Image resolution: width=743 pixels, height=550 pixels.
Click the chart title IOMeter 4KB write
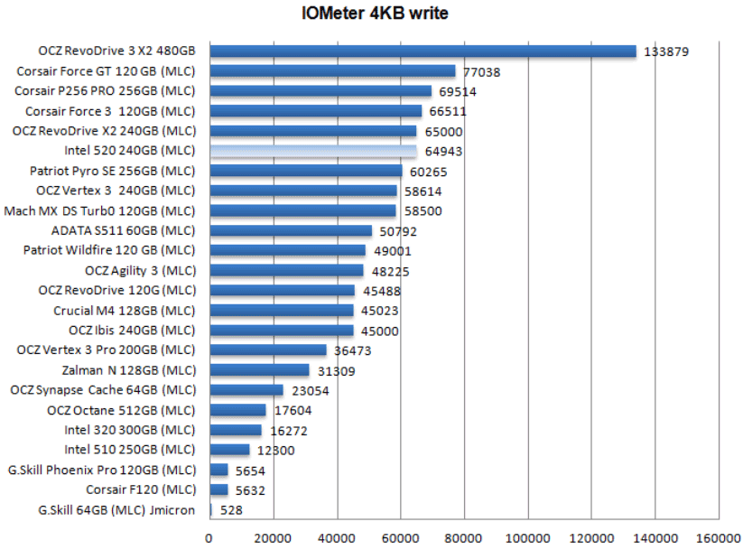pos(375,14)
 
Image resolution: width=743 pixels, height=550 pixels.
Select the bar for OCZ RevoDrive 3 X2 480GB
pos(423,51)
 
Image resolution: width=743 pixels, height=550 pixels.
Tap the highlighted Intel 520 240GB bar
pos(313,151)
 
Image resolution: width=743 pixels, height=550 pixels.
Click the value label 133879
pos(666,52)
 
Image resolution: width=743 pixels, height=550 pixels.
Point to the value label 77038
pos(481,72)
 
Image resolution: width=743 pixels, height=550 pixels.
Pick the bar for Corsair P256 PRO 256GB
pos(320,91)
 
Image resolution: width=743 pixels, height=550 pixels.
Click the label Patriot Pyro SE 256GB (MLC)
pos(112,171)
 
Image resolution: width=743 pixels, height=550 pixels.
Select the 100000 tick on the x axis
pos(527,538)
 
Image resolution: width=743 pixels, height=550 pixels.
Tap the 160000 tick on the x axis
pos(718,538)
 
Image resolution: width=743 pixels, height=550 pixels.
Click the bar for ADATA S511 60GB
pos(290,230)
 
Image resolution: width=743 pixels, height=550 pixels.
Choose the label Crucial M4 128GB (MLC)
pos(124,310)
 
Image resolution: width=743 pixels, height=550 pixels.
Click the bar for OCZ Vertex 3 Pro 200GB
pos(267,350)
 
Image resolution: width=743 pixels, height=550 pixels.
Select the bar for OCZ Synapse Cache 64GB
pos(246,390)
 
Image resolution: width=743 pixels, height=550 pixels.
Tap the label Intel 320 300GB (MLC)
pos(129,429)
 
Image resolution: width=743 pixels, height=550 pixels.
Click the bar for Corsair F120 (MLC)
pos(218,489)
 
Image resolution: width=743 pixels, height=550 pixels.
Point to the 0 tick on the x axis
pos(209,538)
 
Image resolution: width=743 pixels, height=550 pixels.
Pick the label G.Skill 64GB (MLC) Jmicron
pos(116,509)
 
